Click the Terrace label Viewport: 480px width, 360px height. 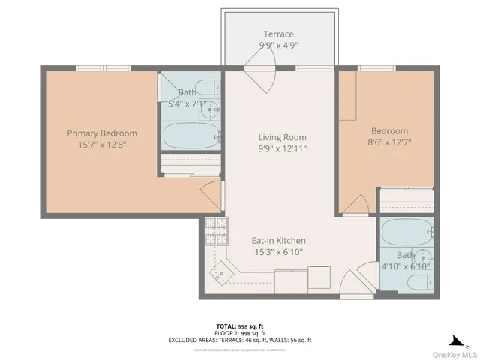point(278,34)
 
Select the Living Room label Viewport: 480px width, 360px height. point(282,137)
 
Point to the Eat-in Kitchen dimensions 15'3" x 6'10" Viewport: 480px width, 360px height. point(278,251)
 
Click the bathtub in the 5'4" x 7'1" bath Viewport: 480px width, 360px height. point(191,136)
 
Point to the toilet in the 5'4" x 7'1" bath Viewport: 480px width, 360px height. point(204,86)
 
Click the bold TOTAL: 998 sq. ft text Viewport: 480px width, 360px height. point(240,326)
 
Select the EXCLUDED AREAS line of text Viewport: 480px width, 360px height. point(240,340)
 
